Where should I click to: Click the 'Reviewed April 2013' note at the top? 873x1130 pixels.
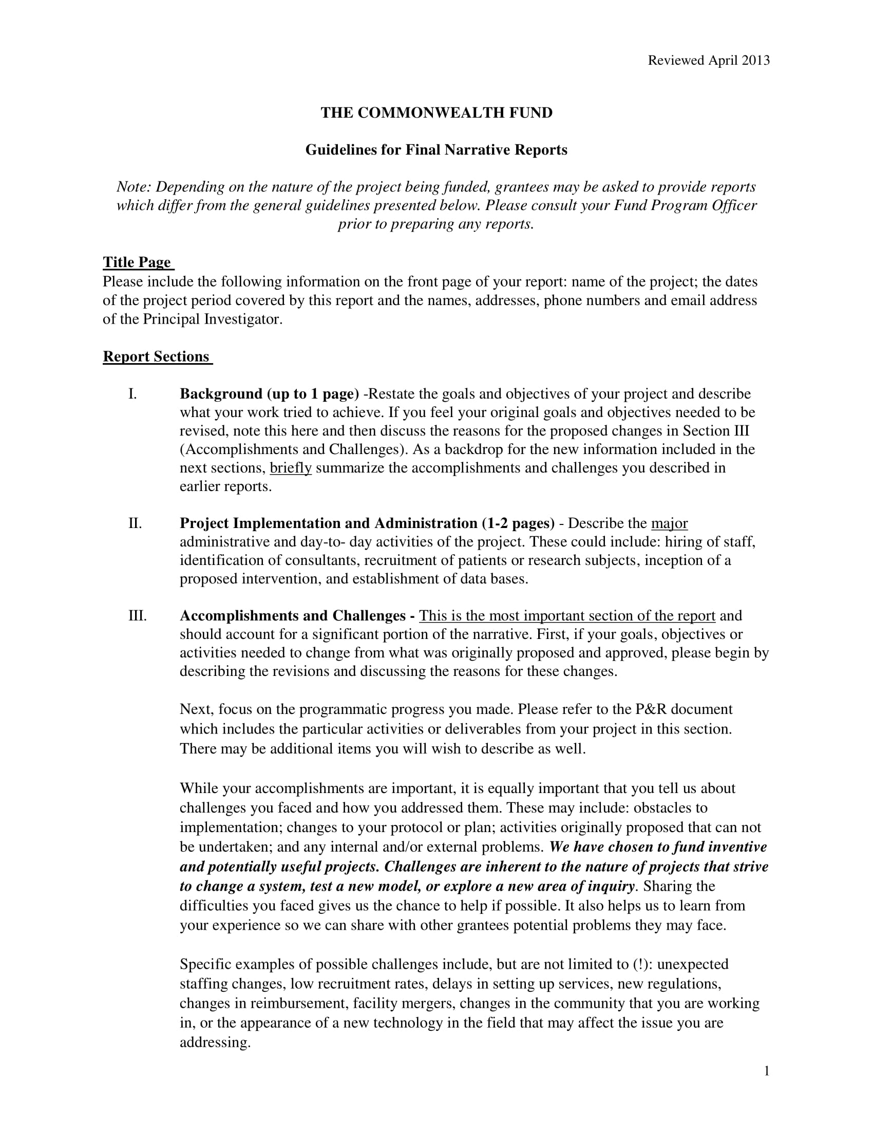tap(709, 61)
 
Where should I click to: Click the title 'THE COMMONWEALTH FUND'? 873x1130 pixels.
tap(436, 113)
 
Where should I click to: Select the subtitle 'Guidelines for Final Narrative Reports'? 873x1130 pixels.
tap(436, 150)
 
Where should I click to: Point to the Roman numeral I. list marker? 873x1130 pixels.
tap(133, 394)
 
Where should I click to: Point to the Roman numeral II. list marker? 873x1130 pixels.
tap(135, 523)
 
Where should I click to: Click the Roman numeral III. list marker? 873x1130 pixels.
tap(138, 615)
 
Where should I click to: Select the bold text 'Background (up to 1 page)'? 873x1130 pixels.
tap(269, 394)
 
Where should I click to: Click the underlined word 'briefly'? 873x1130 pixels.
tap(291, 468)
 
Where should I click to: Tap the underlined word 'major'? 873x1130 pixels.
tap(669, 523)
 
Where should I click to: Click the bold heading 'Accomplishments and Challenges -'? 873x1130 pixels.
tap(297, 615)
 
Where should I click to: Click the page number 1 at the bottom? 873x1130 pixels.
tap(767, 1071)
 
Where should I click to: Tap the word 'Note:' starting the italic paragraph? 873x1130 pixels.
tap(134, 187)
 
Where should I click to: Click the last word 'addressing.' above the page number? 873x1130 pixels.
tap(215, 1042)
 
